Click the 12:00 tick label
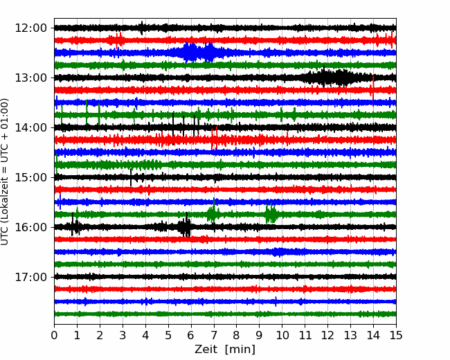click(x=30, y=28)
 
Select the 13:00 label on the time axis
click(x=30, y=78)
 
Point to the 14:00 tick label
click(x=30, y=127)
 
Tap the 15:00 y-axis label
click(x=30, y=177)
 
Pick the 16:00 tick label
click(x=30, y=227)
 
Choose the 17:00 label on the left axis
click(x=30, y=277)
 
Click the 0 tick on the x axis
click(x=54, y=335)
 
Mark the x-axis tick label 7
click(x=214, y=335)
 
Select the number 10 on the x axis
click(x=282, y=335)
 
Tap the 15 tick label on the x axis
click(x=396, y=335)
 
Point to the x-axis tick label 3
click(x=123, y=335)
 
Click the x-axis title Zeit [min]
click(x=225, y=350)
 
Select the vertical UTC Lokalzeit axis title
click(x=4, y=172)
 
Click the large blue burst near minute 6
click(x=199, y=52)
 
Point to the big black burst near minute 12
click(x=330, y=77)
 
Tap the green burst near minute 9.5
click(x=271, y=214)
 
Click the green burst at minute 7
click(x=213, y=213)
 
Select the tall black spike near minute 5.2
click(x=173, y=129)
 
